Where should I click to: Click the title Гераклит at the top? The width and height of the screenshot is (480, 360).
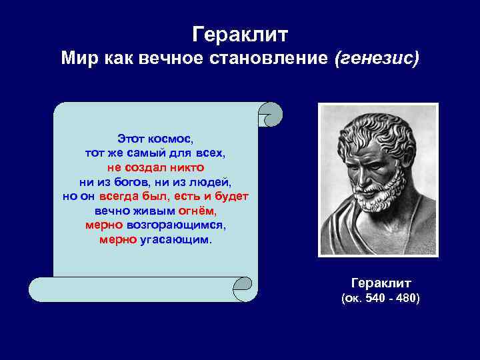click(239, 33)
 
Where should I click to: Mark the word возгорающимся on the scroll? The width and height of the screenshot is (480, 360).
click(175, 225)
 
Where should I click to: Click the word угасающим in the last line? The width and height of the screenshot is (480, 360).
click(175, 240)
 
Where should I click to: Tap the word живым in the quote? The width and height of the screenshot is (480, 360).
click(153, 211)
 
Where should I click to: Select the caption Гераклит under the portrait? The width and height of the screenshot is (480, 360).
click(381, 283)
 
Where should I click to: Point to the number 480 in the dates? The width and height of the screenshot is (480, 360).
click(406, 298)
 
